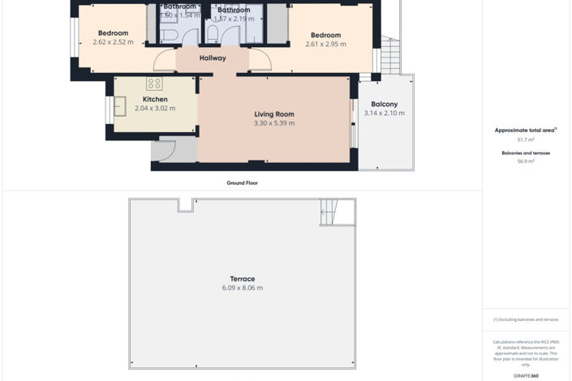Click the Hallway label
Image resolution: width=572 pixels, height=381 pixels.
point(213,58)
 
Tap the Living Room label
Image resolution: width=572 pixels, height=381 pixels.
point(273,114)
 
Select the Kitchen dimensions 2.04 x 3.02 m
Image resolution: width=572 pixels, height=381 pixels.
point(155,109)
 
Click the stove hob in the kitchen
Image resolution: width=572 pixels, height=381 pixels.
point(154,83)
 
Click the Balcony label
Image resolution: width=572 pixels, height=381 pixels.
point(384,104)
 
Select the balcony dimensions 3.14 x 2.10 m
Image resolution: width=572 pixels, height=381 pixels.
point(384,113)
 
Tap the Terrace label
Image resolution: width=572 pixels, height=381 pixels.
point(242,279)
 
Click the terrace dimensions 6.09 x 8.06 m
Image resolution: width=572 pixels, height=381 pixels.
point(242,289)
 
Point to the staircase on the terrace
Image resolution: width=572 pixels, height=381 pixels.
point(329,212)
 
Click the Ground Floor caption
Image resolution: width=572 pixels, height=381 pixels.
point(242,183)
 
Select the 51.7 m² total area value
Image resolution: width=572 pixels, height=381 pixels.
point(526,140)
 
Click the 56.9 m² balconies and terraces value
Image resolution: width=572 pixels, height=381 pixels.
point(526,161)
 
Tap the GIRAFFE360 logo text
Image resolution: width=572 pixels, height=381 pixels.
point(526,376)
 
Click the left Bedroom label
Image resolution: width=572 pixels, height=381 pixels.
point(113,33)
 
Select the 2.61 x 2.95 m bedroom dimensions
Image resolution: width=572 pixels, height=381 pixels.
point(325,45)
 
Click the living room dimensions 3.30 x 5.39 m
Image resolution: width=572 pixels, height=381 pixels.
point(273,124)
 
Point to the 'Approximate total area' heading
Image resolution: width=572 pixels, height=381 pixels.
point(524,130)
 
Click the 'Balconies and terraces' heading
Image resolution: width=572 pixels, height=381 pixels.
point(526,152)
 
